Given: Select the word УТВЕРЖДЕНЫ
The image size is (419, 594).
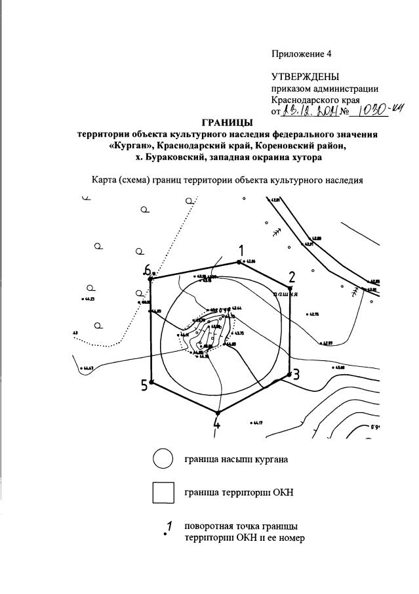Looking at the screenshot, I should (306, 77).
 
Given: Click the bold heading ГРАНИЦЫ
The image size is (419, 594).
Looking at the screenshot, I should (227, 123).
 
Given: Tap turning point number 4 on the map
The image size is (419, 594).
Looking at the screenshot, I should (216, 414).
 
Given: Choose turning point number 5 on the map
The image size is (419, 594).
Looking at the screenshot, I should (151, 382).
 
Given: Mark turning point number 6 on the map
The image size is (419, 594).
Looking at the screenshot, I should (150, 279).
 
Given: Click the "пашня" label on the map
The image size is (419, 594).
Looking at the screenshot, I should (285, 295).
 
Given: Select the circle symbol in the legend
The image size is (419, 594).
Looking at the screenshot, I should (163, 459).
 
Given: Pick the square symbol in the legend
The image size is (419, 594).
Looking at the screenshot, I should (163, 492).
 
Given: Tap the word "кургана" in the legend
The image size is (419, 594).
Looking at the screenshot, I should (270, 459).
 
